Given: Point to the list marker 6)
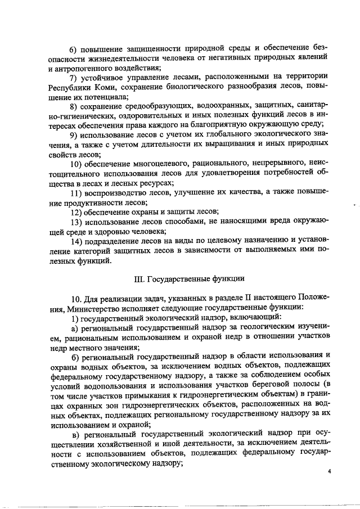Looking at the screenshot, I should [74, 47].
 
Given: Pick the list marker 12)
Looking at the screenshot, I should [76, 212].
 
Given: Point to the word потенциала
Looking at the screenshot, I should [102, 96].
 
